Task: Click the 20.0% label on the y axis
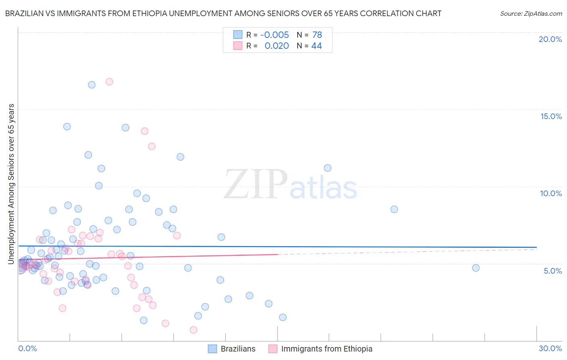550,39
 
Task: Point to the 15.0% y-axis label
551,116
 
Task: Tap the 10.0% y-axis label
551,193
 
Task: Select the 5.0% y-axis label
552,271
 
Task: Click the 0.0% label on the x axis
27,348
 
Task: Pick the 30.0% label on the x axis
550,348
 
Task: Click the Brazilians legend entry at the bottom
232,349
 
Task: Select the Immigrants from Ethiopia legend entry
321,349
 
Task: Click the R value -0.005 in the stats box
275,35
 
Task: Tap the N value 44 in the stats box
317,46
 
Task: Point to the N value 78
317,35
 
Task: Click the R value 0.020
277,46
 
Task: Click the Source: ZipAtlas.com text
531,13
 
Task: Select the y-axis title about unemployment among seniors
11,184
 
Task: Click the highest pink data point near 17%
109,82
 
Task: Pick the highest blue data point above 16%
92,85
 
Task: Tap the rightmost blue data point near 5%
476,268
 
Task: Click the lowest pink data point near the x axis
194,330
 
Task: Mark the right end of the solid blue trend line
536,247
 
